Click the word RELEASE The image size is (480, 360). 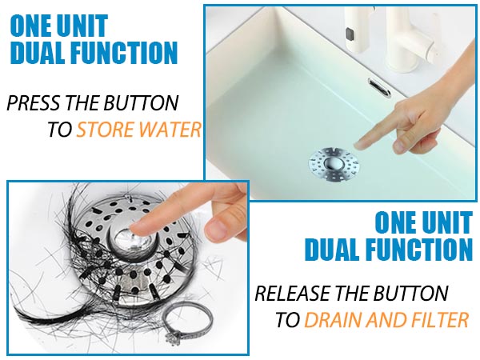click(x=294, y=293)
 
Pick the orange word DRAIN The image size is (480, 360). click(x=333, y=319)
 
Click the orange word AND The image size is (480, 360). click(x=386, y=319)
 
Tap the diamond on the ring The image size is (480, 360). click(x=172, y=338)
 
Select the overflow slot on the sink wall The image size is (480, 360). click(x=379, y=87)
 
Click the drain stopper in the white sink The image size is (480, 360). click(x=334, y=163)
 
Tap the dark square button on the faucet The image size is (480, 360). click(x=350, y=34)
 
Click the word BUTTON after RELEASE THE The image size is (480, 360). click(x=410, y=293)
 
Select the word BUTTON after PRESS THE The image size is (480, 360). click(x=141, y=103)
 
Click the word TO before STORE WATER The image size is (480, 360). click(x=60, y=129)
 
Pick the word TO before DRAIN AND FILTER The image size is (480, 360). click(x=287, y=319)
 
